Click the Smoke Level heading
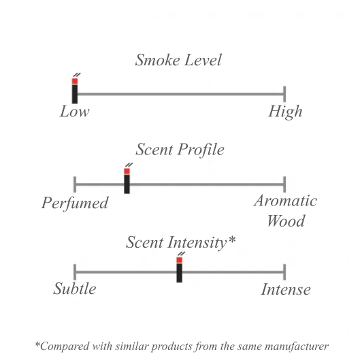pos(178,60)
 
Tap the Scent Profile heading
pos(180,150)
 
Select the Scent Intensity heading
pos(180,242)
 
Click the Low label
pos(75,112)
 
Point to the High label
pos(285,112)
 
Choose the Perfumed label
pos(75,203)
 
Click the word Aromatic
pos(285,201)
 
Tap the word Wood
pos(286,221)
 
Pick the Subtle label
pos(75,289)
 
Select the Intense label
pos(286,289)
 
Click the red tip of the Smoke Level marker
pos(75,81)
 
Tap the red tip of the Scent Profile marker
pos(127,171)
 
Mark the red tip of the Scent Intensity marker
pos(179,260)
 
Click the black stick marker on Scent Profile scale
pos(127,184)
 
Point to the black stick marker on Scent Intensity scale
pos(179,273)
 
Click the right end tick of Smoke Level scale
pos(284,94)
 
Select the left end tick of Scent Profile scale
pos(75,184)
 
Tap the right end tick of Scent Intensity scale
pos(284,272)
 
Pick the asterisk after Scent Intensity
pos(232,239)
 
